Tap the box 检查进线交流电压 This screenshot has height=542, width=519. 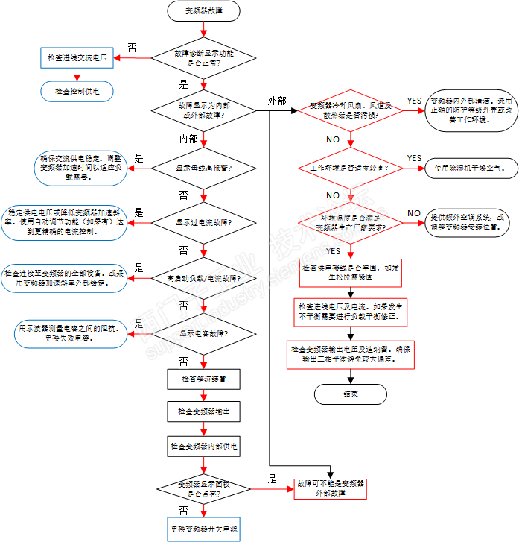point(77,57)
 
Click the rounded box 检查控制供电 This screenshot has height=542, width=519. point(77,90)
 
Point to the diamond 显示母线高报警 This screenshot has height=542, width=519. point(203,168)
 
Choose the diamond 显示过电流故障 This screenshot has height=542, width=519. point(203,222)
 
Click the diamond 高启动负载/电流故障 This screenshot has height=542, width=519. point(203,278)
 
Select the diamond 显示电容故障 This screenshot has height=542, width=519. point(203,333)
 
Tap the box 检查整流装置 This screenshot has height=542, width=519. point(203,379)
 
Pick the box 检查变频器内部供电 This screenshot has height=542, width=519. point(203,446)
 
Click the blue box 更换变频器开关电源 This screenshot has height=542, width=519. point(203,528)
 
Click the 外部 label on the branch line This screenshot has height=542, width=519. point(276,101)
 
